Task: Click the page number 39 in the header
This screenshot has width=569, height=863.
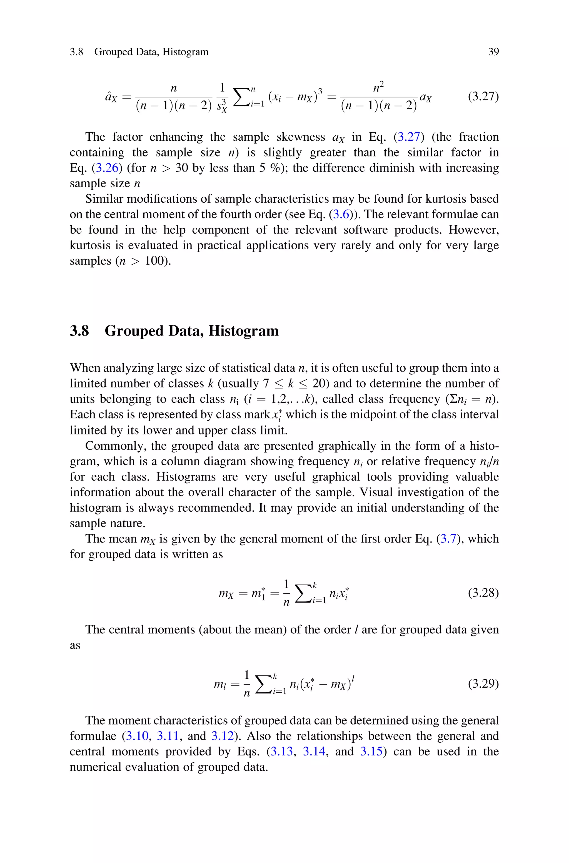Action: click(493, 52)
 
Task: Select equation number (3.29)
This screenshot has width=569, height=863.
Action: click(483, 684)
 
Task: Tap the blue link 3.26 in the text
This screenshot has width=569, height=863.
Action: click(107, 168)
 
